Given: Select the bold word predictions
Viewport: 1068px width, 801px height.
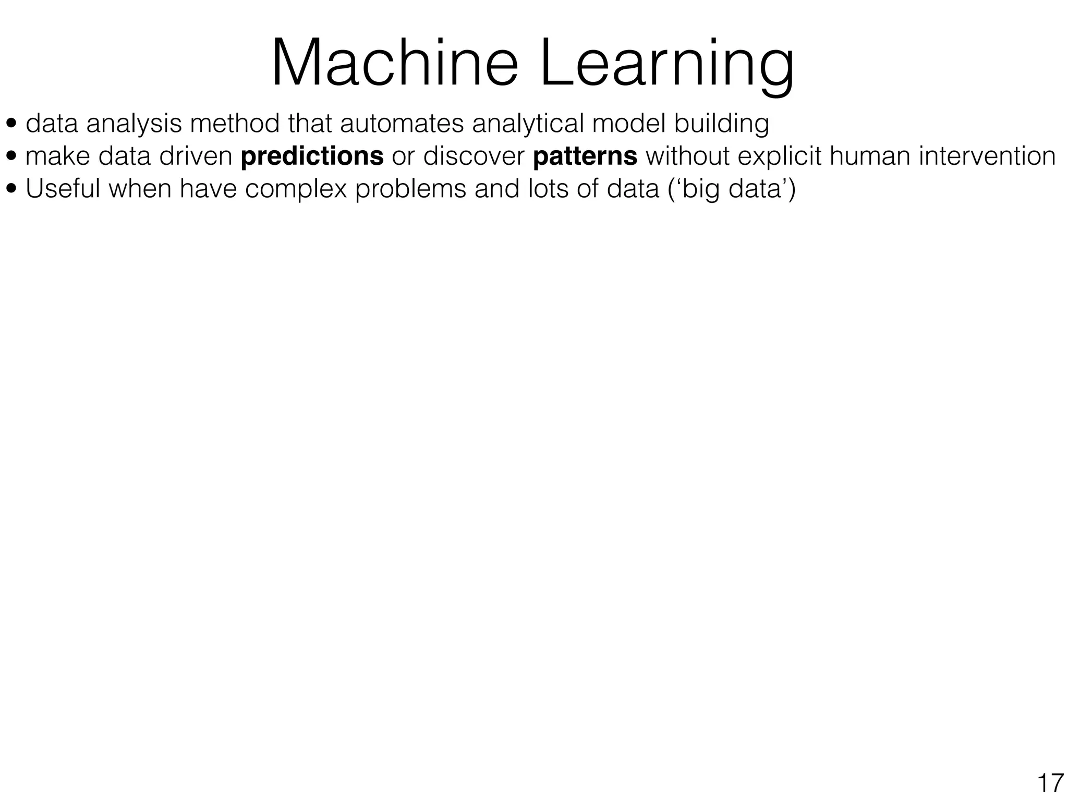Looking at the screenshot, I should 312,156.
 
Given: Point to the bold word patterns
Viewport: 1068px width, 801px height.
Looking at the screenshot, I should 585,156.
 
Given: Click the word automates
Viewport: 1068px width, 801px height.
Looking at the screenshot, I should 402,124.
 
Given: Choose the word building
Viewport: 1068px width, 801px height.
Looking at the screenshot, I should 721,124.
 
